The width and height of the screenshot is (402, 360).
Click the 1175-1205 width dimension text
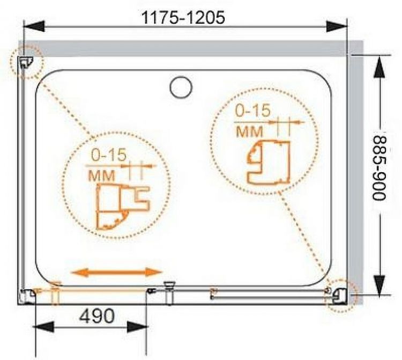coord(183,18)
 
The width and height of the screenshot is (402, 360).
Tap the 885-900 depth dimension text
coord(379,168)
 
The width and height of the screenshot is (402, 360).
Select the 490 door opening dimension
coord(97,316)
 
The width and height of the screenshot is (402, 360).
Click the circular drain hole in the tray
coord(181,87)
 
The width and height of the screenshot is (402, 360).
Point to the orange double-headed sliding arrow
coord(117,272)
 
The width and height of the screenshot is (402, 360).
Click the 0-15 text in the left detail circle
coord(109,155)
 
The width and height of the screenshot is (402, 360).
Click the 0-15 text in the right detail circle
coord(253,111)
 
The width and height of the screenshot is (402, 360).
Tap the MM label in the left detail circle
coord(102,175)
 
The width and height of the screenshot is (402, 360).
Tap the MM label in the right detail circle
coord(249,131)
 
